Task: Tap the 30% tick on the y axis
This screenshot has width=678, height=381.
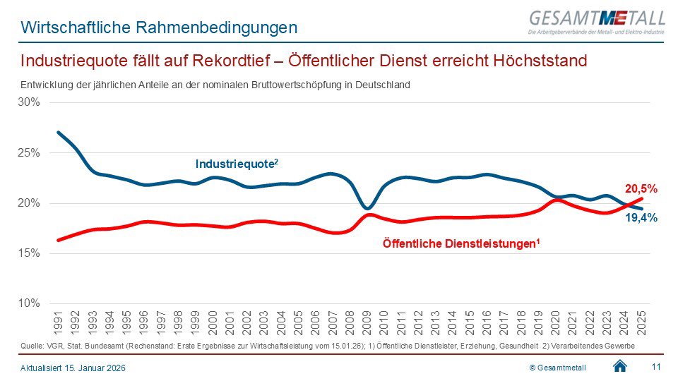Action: [x=29, y=102]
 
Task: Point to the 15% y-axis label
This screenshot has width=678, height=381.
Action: [x=29, y=253]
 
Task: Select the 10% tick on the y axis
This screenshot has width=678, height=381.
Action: [x=29, y=303]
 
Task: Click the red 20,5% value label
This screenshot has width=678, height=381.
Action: [x=641, y=189]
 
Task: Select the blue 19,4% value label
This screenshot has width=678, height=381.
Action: [x=641, y=219]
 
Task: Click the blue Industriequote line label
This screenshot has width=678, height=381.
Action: [x=237, y=164]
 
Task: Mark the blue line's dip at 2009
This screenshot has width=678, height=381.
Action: [x=366, y=208]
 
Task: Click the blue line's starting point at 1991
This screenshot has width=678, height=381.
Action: [x=58, y=133]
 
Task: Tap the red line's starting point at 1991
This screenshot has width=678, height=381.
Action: [x=58, y=240]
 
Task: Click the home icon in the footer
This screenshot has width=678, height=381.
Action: [x=620, y=365]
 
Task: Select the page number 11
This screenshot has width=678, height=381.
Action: [x=655, y=365]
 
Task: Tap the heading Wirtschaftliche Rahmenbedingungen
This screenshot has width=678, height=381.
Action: [x=159, y=28]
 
